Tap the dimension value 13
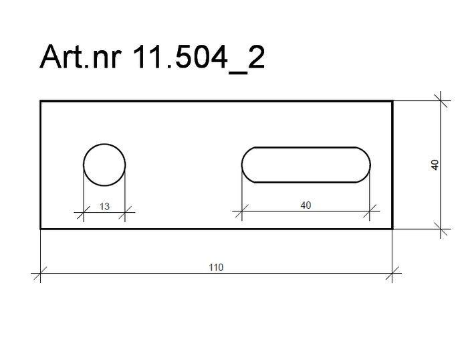(104, 207)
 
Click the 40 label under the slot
(306, 205)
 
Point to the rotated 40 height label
(435, 165)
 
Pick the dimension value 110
(216, 268)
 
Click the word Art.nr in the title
(80, 57)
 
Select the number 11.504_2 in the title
(198, 58)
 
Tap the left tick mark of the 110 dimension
(40, 273)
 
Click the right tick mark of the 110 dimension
(392, 273)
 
